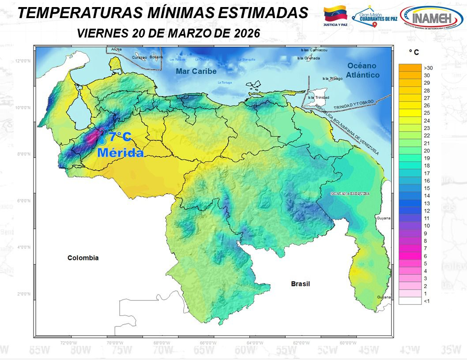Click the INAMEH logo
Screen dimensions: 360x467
431,18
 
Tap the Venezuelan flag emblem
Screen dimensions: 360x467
336,14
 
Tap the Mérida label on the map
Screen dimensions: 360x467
121,153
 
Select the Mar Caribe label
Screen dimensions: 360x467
196,71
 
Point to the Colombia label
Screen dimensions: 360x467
83,258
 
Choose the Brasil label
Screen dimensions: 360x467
300,284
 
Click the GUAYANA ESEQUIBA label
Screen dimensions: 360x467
349,194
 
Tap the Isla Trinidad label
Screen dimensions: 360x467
317,97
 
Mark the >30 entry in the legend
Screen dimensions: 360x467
428,68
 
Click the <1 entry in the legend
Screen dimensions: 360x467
427,301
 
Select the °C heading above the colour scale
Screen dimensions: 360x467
414,52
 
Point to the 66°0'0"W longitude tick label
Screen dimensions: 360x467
208,342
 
